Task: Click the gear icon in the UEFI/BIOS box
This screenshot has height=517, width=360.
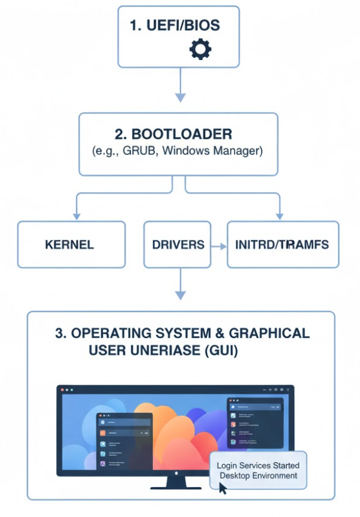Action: click(x=200, y=48)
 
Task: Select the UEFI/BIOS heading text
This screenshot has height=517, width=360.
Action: click(x=175, y=26)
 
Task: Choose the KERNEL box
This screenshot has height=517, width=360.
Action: click(x=71, y=244)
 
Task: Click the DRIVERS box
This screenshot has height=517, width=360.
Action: click(x=178, y=244)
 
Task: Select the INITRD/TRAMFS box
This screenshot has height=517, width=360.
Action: click(x=283, y=244)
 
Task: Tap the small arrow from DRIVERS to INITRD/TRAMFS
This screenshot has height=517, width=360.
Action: click(x=219, y=245)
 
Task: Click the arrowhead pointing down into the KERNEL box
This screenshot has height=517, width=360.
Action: click(x=76, y=215)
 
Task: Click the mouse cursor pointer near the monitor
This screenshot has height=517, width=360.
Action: click(x=223, y=488)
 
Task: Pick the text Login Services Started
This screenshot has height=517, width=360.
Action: click(x=258, y=465)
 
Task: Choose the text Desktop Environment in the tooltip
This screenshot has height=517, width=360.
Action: click(x=258, y=476)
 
